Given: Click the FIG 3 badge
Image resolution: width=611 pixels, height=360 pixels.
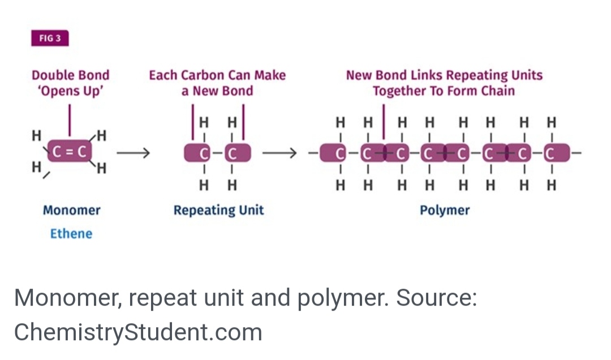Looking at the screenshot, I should pyautogui.click(x=50, y=39).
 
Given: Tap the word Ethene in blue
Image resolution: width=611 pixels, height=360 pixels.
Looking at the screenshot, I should pyautogui.click(x=71, y=233).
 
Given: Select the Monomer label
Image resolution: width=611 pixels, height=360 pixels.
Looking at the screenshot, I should pyautogui.click(x=71, y=211).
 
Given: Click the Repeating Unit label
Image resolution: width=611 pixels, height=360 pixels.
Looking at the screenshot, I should pyautogui.click(x=218, y=211).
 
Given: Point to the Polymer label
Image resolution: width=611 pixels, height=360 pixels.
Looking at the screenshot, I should pyautogui.click(x=445, y=211).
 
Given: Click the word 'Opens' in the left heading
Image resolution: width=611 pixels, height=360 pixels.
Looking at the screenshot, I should pyautogui.click(x=59, y=91).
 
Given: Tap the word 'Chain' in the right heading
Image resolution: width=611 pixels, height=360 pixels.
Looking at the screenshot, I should pyautogui.click(x=498, y=91).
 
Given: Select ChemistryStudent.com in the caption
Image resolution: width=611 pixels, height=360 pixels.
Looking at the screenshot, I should pyautogui.click(x=138, y=332).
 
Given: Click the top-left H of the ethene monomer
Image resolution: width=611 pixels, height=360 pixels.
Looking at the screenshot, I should pyautogui.click(x=37, y=136).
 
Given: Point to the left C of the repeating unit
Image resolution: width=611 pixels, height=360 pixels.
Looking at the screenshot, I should pyautogui.click(x=204, y=152).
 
